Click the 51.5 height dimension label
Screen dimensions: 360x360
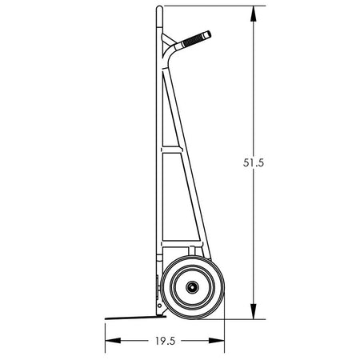coord(254,162)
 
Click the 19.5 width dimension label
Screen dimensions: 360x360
coord(166,341)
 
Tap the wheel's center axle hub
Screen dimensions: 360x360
coord(192,287)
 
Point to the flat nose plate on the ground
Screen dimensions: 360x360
coord(135,318)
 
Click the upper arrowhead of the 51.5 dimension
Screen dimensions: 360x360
coord(254,14)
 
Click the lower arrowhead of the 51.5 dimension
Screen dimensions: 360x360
coord(254,311)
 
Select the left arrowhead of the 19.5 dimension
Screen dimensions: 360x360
coord(113,341)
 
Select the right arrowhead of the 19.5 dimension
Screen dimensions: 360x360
coord(216,341)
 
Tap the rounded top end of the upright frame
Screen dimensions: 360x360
coord(159,9)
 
